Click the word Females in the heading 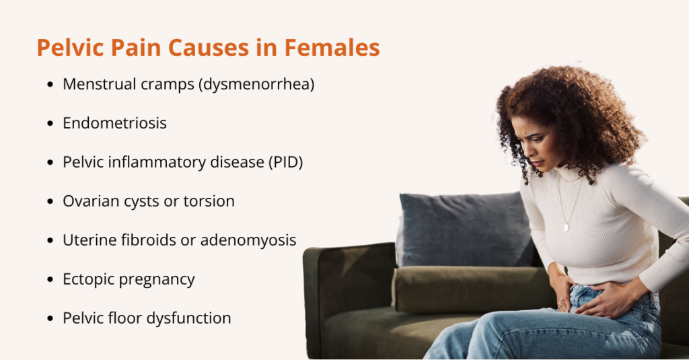pyautogui.click(x=332, y=48)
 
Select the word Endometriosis pyautogui.click(x=114, y=123)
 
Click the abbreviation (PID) pyautogui.click(x=285, y=162)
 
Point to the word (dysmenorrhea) pyautogui.click(x=256, y=84)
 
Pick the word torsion pyautogui.click(x=209, y=201)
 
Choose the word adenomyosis pyautogui.click(x=248, y=241)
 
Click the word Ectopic pyautogui.click(x=89, y=279)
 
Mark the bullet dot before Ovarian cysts pyautogui.click(x=50, y=202)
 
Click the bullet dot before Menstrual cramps pyautogui.click(x=50, y=84)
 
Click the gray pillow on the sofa pyautogui.click(x=465, y=229)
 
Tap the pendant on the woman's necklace pyautogui.click(x=567, y=227)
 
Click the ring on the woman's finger pyautogui.click(x=560, y=302)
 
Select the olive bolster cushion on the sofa pyautogui.click(x=472, y=289)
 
